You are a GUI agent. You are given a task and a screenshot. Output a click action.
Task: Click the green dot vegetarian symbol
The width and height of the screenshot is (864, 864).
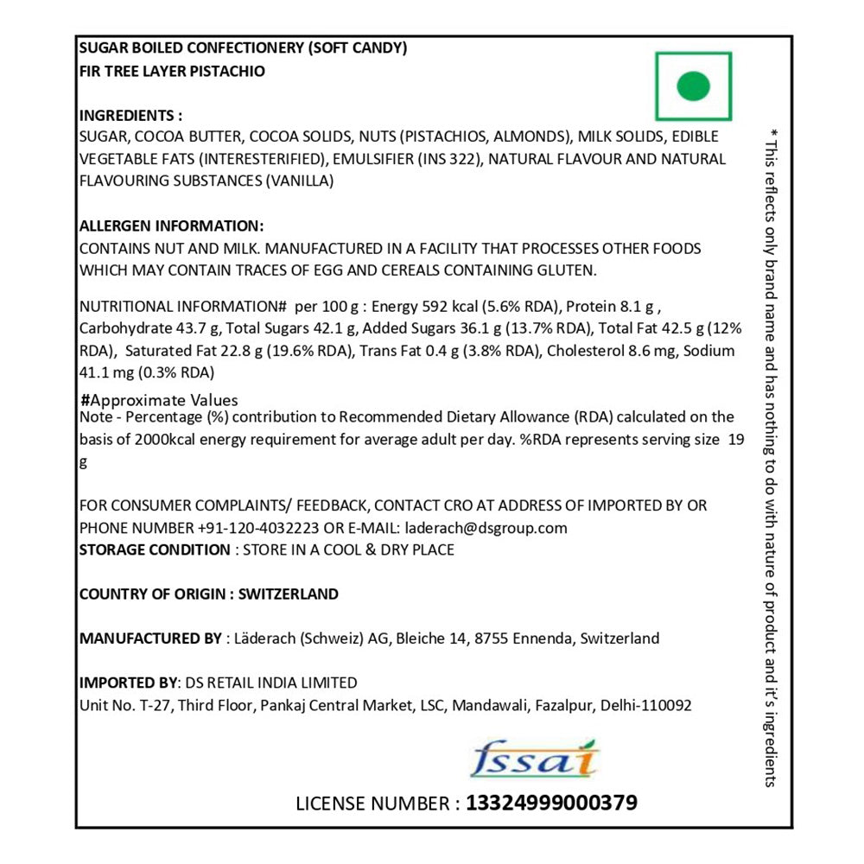pos(693,86)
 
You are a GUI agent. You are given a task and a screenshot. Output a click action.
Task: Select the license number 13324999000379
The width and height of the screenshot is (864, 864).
pos(551,803)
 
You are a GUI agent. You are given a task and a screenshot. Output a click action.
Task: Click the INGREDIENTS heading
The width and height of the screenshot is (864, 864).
pos(130,116)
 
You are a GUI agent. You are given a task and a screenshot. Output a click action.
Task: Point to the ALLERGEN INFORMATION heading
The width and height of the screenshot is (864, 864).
pos(171,226)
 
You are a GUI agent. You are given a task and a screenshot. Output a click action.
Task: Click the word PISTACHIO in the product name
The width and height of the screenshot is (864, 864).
pos(229,72)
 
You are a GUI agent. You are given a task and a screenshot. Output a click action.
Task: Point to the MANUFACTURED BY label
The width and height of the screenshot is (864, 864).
pos(150,639)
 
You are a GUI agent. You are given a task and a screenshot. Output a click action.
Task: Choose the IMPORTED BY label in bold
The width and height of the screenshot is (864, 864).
pos(125,683)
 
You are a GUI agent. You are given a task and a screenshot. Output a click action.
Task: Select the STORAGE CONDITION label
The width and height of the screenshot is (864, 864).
pos(155,550)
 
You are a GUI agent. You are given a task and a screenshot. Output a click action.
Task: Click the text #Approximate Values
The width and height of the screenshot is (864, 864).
pos(159,400)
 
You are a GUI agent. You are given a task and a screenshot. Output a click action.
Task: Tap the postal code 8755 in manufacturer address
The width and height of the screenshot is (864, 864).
pos(489,639)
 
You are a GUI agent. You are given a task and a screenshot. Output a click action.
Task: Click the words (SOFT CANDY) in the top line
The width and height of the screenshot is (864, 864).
pos(357,49)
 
